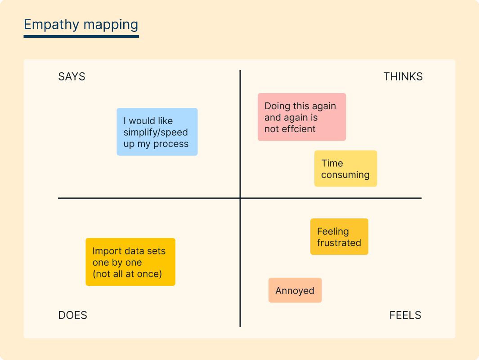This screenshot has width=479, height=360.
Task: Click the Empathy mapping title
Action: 81,24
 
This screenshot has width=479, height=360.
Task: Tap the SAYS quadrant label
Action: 72,76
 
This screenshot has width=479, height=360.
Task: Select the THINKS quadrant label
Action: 403,76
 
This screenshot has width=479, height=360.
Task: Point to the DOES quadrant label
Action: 72,315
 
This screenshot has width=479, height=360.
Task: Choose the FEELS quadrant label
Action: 405,315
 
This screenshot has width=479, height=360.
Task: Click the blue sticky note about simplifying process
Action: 157,132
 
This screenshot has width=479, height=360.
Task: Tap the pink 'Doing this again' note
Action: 302,117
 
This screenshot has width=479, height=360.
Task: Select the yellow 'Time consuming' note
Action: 345,169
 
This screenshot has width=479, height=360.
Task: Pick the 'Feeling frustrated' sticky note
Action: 339,237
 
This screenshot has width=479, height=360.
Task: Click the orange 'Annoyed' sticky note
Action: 295,290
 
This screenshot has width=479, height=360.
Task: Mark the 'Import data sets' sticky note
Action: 130,262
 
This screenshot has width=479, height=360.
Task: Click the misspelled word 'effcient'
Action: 298,129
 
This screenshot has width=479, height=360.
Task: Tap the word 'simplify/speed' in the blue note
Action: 156,133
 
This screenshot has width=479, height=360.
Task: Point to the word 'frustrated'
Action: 339,243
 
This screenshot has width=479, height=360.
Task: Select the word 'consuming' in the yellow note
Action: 345,175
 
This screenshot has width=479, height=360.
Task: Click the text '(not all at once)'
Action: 127,274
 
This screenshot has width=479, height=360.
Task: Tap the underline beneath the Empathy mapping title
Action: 81,36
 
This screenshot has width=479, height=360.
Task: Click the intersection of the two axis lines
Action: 240,198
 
